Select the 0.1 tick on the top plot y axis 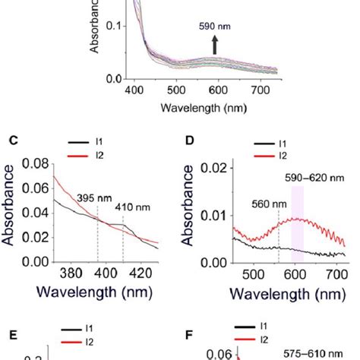(x=115, y=25)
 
